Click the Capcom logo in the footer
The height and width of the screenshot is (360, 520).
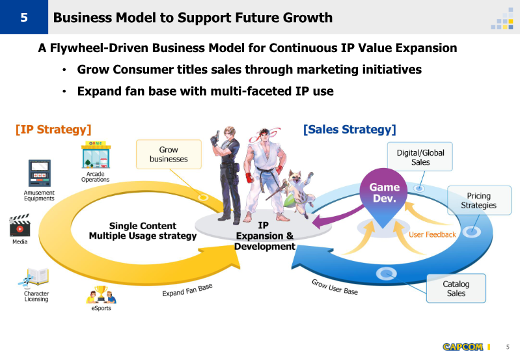coord(463,347)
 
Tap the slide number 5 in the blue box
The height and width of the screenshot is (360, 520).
coord(24,18)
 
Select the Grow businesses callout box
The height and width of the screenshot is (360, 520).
coord(169,154)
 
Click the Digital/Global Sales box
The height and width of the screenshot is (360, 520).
coord(420,157)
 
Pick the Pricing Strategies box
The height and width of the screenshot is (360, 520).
coord(479,201)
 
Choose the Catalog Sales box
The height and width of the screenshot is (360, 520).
coord(456,288)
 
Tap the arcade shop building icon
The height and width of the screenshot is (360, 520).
coord(96,155)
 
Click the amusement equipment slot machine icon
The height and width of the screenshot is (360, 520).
coord(40,173)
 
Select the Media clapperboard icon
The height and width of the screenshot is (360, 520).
coord(20,225)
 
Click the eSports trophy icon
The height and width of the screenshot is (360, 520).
coord(101,295)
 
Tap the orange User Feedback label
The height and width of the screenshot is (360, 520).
coord(432,234)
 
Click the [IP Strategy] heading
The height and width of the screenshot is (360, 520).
coord(53,130)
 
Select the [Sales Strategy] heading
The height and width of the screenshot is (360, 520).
coord(349,130)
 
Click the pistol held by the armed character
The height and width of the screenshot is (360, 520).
coord(217,135)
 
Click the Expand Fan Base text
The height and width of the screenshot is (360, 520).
coord(187,290)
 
